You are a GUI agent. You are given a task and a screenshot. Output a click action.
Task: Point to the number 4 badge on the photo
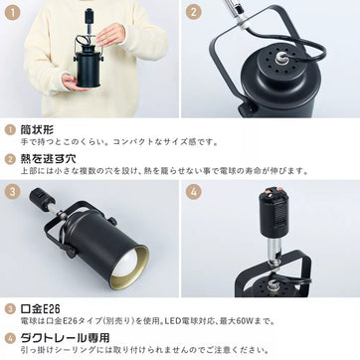195,192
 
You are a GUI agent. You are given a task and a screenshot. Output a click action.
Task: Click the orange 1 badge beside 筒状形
10,129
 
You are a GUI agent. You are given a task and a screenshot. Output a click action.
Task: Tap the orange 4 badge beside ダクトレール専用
10,338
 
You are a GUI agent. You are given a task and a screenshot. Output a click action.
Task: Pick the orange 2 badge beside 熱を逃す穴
10,157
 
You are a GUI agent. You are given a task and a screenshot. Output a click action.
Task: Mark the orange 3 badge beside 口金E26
10,309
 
